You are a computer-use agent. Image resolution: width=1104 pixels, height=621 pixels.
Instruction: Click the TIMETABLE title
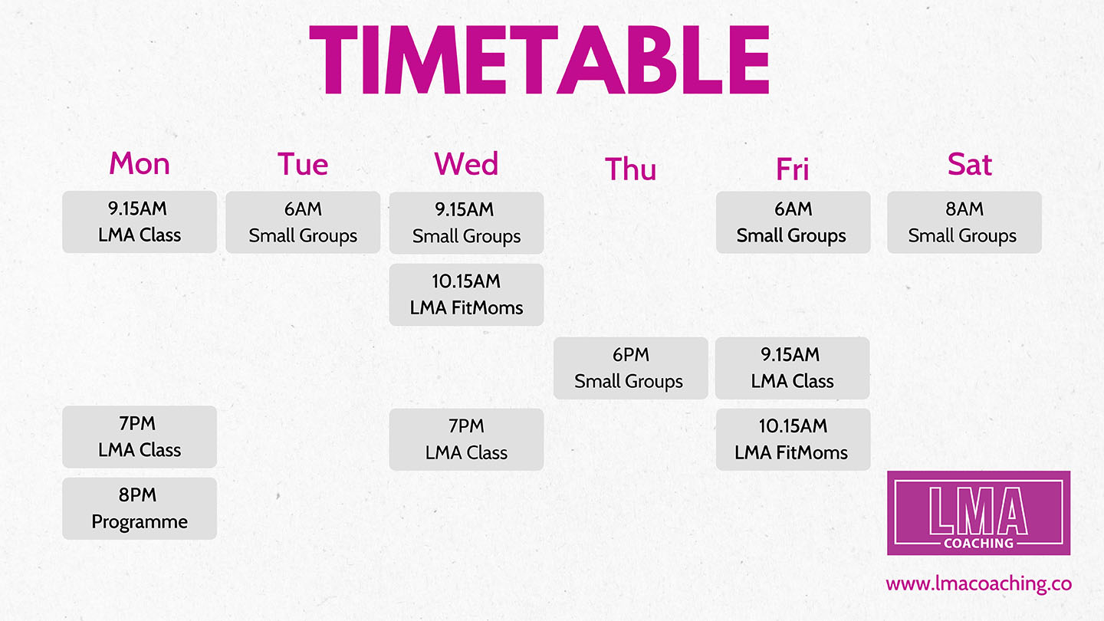(x=539, y=60)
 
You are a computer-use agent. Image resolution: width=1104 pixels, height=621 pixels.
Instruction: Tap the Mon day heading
(x=140, y=163)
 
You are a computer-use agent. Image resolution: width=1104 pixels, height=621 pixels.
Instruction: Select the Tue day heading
(x=303, y=164)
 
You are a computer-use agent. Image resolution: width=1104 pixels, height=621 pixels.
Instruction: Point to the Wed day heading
(x=466, y=163)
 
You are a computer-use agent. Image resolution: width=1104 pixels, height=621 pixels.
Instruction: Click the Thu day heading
(x=630, y=169)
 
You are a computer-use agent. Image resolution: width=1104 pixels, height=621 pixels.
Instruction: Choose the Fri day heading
(x=793, y=169)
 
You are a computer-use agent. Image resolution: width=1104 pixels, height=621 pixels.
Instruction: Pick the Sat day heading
(x=969, y=164)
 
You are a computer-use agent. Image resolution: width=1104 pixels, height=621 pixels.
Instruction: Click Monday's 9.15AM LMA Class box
(x=140, y=222)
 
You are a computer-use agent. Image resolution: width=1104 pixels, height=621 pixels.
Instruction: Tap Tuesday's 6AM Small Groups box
(x=303, y=222)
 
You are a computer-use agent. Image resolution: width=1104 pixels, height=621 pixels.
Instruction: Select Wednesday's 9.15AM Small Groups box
(x=466, y=223)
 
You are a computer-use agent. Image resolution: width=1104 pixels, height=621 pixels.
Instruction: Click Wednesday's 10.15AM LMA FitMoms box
(x=466, y=294)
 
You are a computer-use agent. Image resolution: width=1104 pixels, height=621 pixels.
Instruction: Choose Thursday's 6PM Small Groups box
(x=630, y=368)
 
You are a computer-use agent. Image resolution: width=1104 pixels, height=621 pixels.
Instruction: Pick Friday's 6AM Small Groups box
(x=793, y=222)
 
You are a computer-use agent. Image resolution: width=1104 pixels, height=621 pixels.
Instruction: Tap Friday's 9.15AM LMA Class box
(x=793, y=368)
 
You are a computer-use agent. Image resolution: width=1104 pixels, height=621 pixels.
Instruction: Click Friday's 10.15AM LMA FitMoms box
(x=793, y=439)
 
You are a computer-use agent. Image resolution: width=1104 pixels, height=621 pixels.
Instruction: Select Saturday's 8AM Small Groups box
(x=964, y=222)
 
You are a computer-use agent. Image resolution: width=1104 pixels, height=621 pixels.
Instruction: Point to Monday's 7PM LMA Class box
(x=140, y=437)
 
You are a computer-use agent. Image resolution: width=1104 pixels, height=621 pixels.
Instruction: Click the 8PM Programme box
(x=140, y=508)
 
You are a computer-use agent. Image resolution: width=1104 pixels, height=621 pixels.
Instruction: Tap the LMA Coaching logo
(x=978, y=513)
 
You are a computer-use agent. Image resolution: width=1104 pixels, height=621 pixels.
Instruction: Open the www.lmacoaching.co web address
(x=978, y=584)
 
